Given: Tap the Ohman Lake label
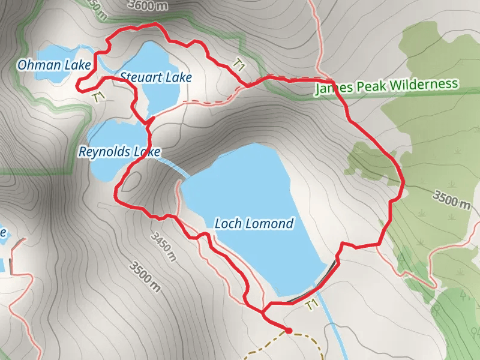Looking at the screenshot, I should tap(54, 64).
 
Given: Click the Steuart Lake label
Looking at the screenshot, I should tap(155, 77).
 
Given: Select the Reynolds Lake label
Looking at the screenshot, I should tap(119, 152).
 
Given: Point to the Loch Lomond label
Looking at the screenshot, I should tap(254, 224).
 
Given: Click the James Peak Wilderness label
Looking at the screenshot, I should tap(386, 86).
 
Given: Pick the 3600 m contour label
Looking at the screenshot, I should tap(147, 4).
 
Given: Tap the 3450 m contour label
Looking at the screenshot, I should tap(164, 247).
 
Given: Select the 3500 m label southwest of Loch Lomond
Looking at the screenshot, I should tap(145, 275).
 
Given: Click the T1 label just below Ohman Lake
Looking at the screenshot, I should tap(99, 96).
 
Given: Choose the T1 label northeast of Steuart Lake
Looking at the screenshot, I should tap(239, 65).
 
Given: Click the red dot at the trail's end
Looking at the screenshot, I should tap(288, 330).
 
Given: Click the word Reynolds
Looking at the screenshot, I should tap(105, 152).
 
